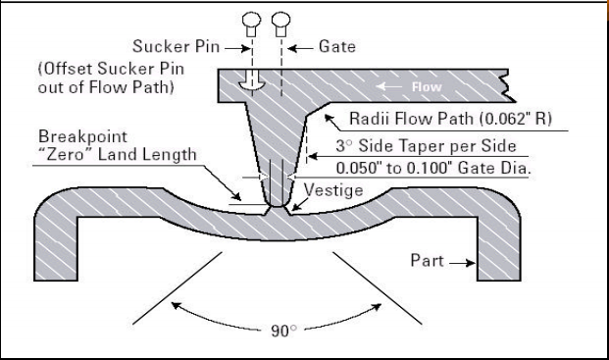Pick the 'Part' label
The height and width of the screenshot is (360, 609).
coord(429,262)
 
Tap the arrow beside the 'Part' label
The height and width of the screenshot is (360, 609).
coord(463,262)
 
